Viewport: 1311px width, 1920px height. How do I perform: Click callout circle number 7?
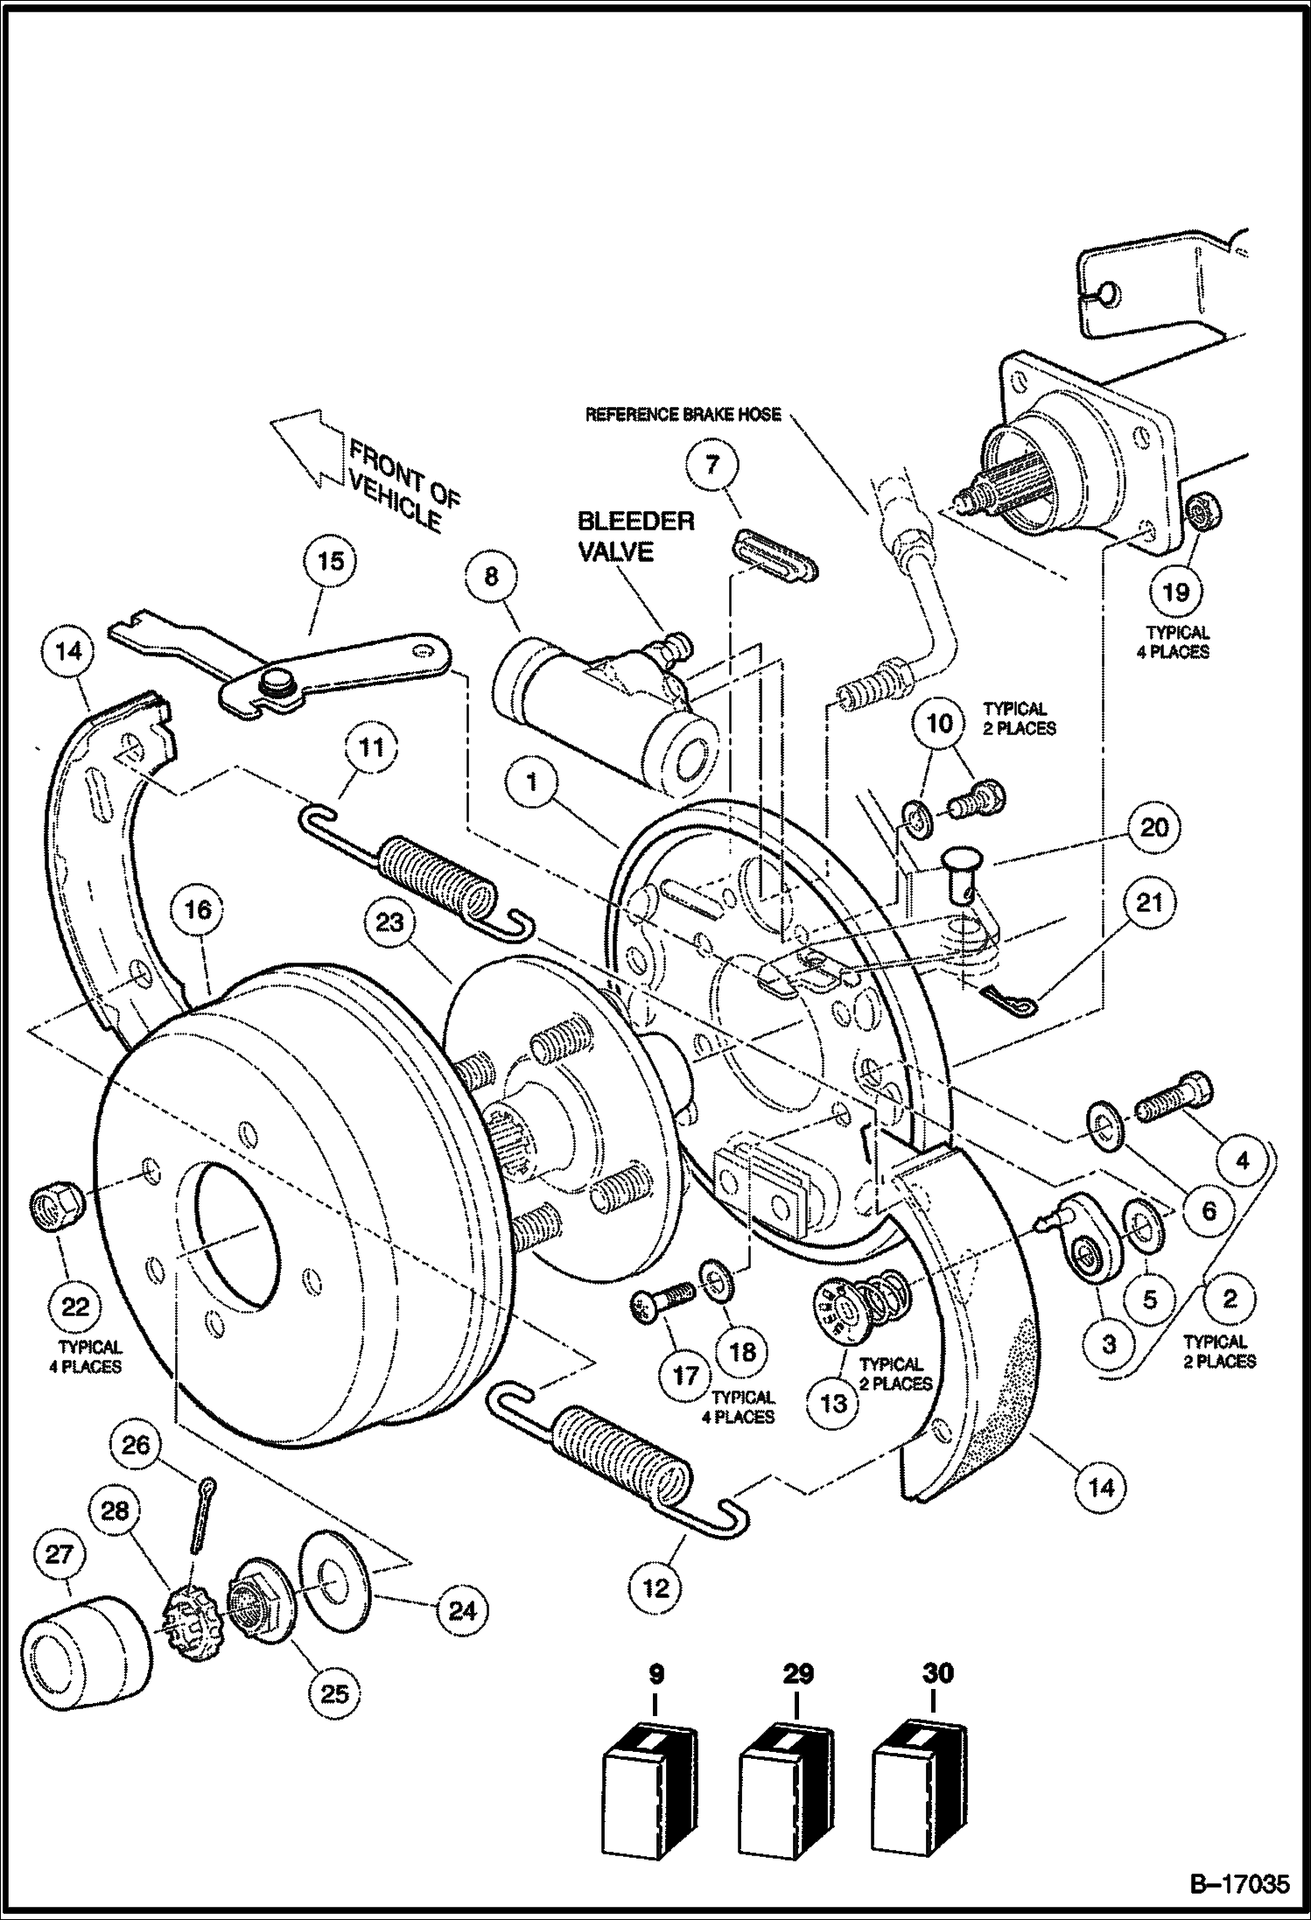[712, 464]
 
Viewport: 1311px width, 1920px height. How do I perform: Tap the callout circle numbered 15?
[331, 561]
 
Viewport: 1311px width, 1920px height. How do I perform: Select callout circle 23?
[390, 921]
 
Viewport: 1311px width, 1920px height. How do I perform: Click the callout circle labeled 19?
[1175, 592]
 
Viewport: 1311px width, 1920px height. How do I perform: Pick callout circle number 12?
[655, 1587]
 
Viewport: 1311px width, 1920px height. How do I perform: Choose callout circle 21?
[1149, 901]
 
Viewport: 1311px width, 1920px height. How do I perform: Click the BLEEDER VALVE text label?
[634, 536]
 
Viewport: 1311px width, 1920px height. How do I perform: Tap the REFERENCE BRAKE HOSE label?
[683, 414]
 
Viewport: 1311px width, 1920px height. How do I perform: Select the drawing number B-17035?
[1238, 1880]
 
